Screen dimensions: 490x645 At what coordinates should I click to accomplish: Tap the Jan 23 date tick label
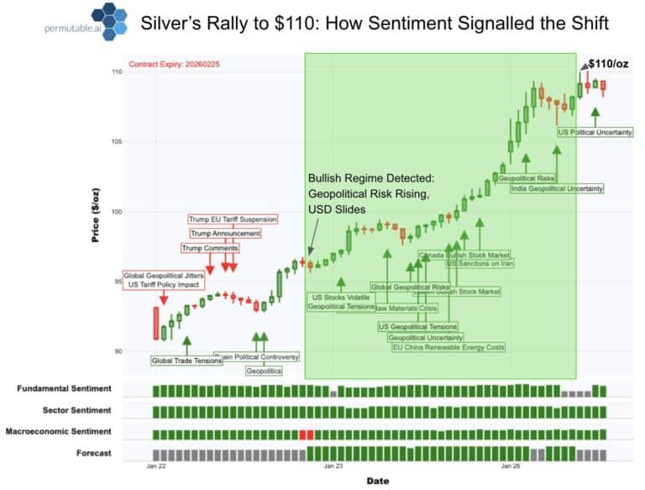[x=333, y=465]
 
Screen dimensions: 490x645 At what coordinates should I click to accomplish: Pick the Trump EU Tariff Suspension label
[x=233, y=219]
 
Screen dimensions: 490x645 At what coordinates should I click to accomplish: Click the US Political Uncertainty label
[x=595, y=132]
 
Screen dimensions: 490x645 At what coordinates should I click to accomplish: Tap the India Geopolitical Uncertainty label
[x=557, y=188]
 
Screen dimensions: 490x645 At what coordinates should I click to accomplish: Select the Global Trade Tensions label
[x=186, y=361]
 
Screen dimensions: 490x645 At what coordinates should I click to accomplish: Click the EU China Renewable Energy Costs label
[x=448, y=347]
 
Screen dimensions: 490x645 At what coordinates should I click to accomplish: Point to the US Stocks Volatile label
[x=340, y=298]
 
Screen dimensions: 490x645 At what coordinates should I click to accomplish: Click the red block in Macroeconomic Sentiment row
[x=306, y=434]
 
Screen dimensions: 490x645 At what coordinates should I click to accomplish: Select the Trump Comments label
[x=210, y=248]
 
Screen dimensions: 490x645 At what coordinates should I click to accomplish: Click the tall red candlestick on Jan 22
[x=155, y=324]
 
